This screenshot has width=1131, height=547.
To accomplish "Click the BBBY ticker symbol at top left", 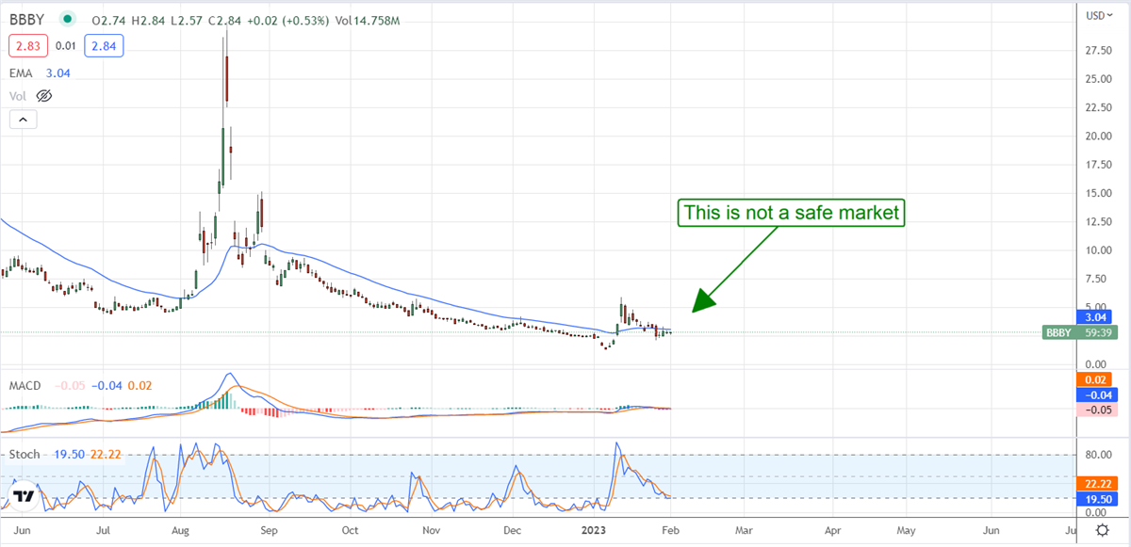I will tap(26, 19).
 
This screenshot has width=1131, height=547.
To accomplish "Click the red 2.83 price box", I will tap(24, 45).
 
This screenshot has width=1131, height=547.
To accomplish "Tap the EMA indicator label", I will tap(22, 72).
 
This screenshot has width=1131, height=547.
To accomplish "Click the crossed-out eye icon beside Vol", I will tap(43, 96).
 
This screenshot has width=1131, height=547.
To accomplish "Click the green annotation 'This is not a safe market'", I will tap(791, 214).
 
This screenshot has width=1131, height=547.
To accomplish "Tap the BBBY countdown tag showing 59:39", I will tap(1085, 332).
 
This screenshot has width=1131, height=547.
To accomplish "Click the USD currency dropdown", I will tap(1098, 15).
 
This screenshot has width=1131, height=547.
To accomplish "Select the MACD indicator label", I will tap(25, 385).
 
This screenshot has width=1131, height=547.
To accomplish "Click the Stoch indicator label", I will tap(25, 455).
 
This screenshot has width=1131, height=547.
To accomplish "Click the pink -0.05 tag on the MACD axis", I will tap(1094, 410).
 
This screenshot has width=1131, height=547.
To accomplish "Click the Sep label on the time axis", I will tap(268, 531).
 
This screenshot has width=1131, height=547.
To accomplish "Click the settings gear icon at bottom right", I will tap(1097, 531).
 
